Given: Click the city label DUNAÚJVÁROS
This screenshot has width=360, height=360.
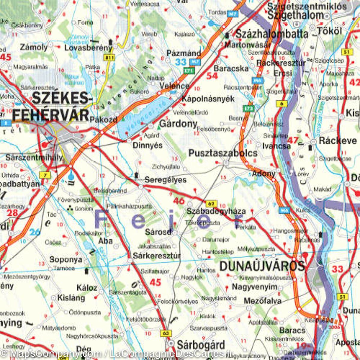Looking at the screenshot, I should coord(262,266).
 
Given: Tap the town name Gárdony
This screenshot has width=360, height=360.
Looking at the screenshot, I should coord(178,123).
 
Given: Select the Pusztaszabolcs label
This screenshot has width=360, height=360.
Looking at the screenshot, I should coord(223,153).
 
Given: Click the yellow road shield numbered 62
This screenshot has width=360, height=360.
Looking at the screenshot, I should coord(211,204).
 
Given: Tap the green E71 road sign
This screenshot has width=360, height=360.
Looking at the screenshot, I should coord(189,70).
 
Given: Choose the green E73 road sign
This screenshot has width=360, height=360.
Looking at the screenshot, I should coord(249,108).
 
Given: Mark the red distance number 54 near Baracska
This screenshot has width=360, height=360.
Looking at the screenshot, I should coord(212,76).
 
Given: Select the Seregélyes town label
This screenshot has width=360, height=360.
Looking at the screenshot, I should coord(165,180).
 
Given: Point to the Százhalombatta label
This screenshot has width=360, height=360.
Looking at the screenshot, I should coord(271,34).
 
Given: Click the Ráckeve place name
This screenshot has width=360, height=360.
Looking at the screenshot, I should coord(338,140).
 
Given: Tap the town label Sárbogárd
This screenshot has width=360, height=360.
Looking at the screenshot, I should coord(201,344).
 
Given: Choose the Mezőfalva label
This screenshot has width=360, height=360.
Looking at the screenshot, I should coord(263,301).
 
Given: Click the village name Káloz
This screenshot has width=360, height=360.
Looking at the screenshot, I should coord(87,288).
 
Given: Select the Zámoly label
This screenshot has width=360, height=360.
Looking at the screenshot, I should coord(34,47).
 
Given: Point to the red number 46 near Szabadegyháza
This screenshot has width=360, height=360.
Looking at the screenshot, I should coord(179,200).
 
